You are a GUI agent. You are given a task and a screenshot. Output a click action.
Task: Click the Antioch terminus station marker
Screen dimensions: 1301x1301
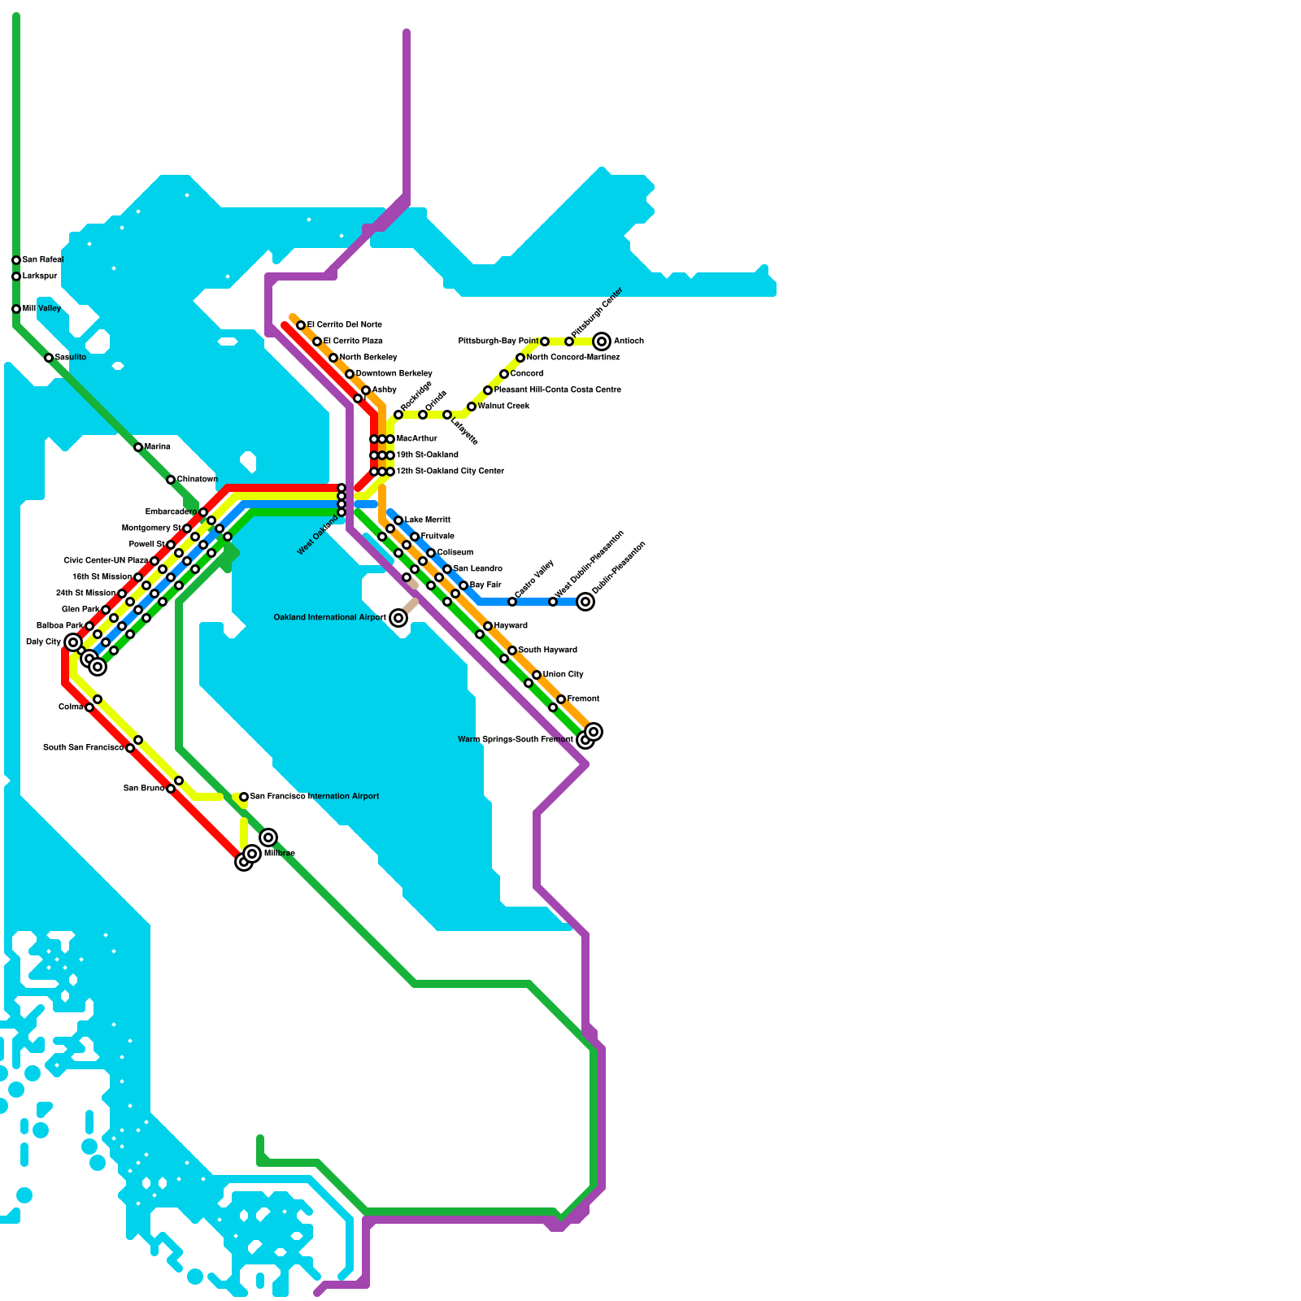pyautogui.click(x=602, y=342)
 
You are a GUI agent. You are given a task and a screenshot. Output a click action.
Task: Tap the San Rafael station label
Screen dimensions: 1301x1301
pyautogui.click(x=42, y=260)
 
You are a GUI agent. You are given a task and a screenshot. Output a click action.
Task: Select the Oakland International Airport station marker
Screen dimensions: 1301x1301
pyautogui.click(x=398, y=618)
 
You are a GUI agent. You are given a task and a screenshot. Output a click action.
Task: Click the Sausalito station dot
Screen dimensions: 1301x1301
pyautogui.click(x=49, y=358)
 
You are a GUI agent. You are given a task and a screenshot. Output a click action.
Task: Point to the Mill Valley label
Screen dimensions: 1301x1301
pyautogui.click(x=41, y=309)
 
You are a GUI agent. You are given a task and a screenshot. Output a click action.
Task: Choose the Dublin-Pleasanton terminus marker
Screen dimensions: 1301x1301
pyautogui.click(x=585, y=602)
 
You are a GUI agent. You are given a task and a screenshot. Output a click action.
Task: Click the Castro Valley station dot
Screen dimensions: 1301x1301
pyautogui.click(x=512, y=602)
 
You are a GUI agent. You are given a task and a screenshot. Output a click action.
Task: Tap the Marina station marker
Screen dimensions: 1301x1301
pyautogui.click(x=138, y=447)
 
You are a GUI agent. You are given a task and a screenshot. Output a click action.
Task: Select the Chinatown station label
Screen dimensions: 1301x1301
pyautogui.click(x=197, y=480)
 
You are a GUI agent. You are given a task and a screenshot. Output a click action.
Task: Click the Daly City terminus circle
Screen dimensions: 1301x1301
pyautogui.click(x=73, y=642)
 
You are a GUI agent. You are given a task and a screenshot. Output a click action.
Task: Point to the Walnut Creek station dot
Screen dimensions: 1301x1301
pyautogui.click(x=472, y=407)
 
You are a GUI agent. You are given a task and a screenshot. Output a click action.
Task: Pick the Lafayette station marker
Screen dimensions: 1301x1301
pyautogui.click(x=447, y=415)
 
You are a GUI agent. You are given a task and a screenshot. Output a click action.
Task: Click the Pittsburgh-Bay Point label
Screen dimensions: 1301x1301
pyautogui.click(x=498, y=342)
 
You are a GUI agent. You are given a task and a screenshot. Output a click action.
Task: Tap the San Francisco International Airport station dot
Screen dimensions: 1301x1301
pyautogui.click(x=244, y=797)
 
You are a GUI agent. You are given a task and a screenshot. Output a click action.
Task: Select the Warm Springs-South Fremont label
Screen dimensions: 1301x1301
pyautogui.click(x=515, y=740)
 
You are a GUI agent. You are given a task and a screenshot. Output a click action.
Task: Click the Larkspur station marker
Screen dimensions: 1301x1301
pyautogui.click(x=16, y=276)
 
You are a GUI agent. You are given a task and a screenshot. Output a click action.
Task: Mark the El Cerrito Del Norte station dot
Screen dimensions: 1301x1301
pyautogui.click(x=301, y=325)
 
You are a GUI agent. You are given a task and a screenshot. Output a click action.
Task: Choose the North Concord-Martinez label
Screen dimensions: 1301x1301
pyautogui.click(x=572, y=358)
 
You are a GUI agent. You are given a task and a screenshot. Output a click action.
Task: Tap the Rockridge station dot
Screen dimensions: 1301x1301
pyautogui.click(x=398, y=415)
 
